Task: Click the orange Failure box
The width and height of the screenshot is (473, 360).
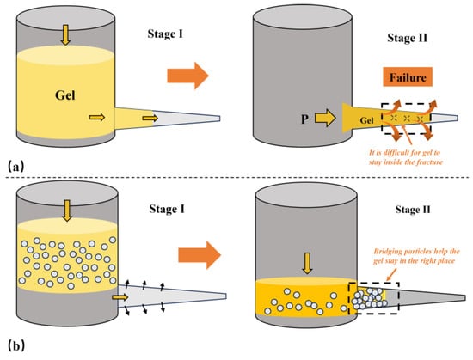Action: pos(408,77)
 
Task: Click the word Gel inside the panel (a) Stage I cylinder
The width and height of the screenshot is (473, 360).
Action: pos(65,95)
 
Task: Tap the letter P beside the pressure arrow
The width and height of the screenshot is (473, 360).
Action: pos(304,119)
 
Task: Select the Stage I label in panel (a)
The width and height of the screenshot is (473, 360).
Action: pos(165,34)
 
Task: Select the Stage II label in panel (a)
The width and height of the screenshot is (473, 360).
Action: pos(408,38)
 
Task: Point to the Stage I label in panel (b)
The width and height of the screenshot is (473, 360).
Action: pos(167,209)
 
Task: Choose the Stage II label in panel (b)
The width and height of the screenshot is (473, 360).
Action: pos(413,210)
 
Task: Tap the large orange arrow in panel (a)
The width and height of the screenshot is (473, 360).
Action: pos(188,76)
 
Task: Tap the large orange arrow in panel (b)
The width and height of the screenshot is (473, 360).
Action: pos(200,255)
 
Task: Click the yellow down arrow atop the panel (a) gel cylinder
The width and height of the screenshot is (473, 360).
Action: pos(65,34)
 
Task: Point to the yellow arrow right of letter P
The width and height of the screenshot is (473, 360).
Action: pos(325,118)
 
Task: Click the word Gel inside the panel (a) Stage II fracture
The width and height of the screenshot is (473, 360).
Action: pos(366,121)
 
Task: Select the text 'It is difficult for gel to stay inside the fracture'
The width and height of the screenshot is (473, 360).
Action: pos(406,157)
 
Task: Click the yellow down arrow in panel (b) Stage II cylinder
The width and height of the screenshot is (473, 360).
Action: pos(307,263)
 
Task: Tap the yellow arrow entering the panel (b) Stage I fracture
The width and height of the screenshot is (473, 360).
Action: pos(120,297)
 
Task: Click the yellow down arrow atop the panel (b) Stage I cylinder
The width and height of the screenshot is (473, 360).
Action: pos(67,211)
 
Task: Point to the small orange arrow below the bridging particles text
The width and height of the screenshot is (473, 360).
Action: pos(391,274)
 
